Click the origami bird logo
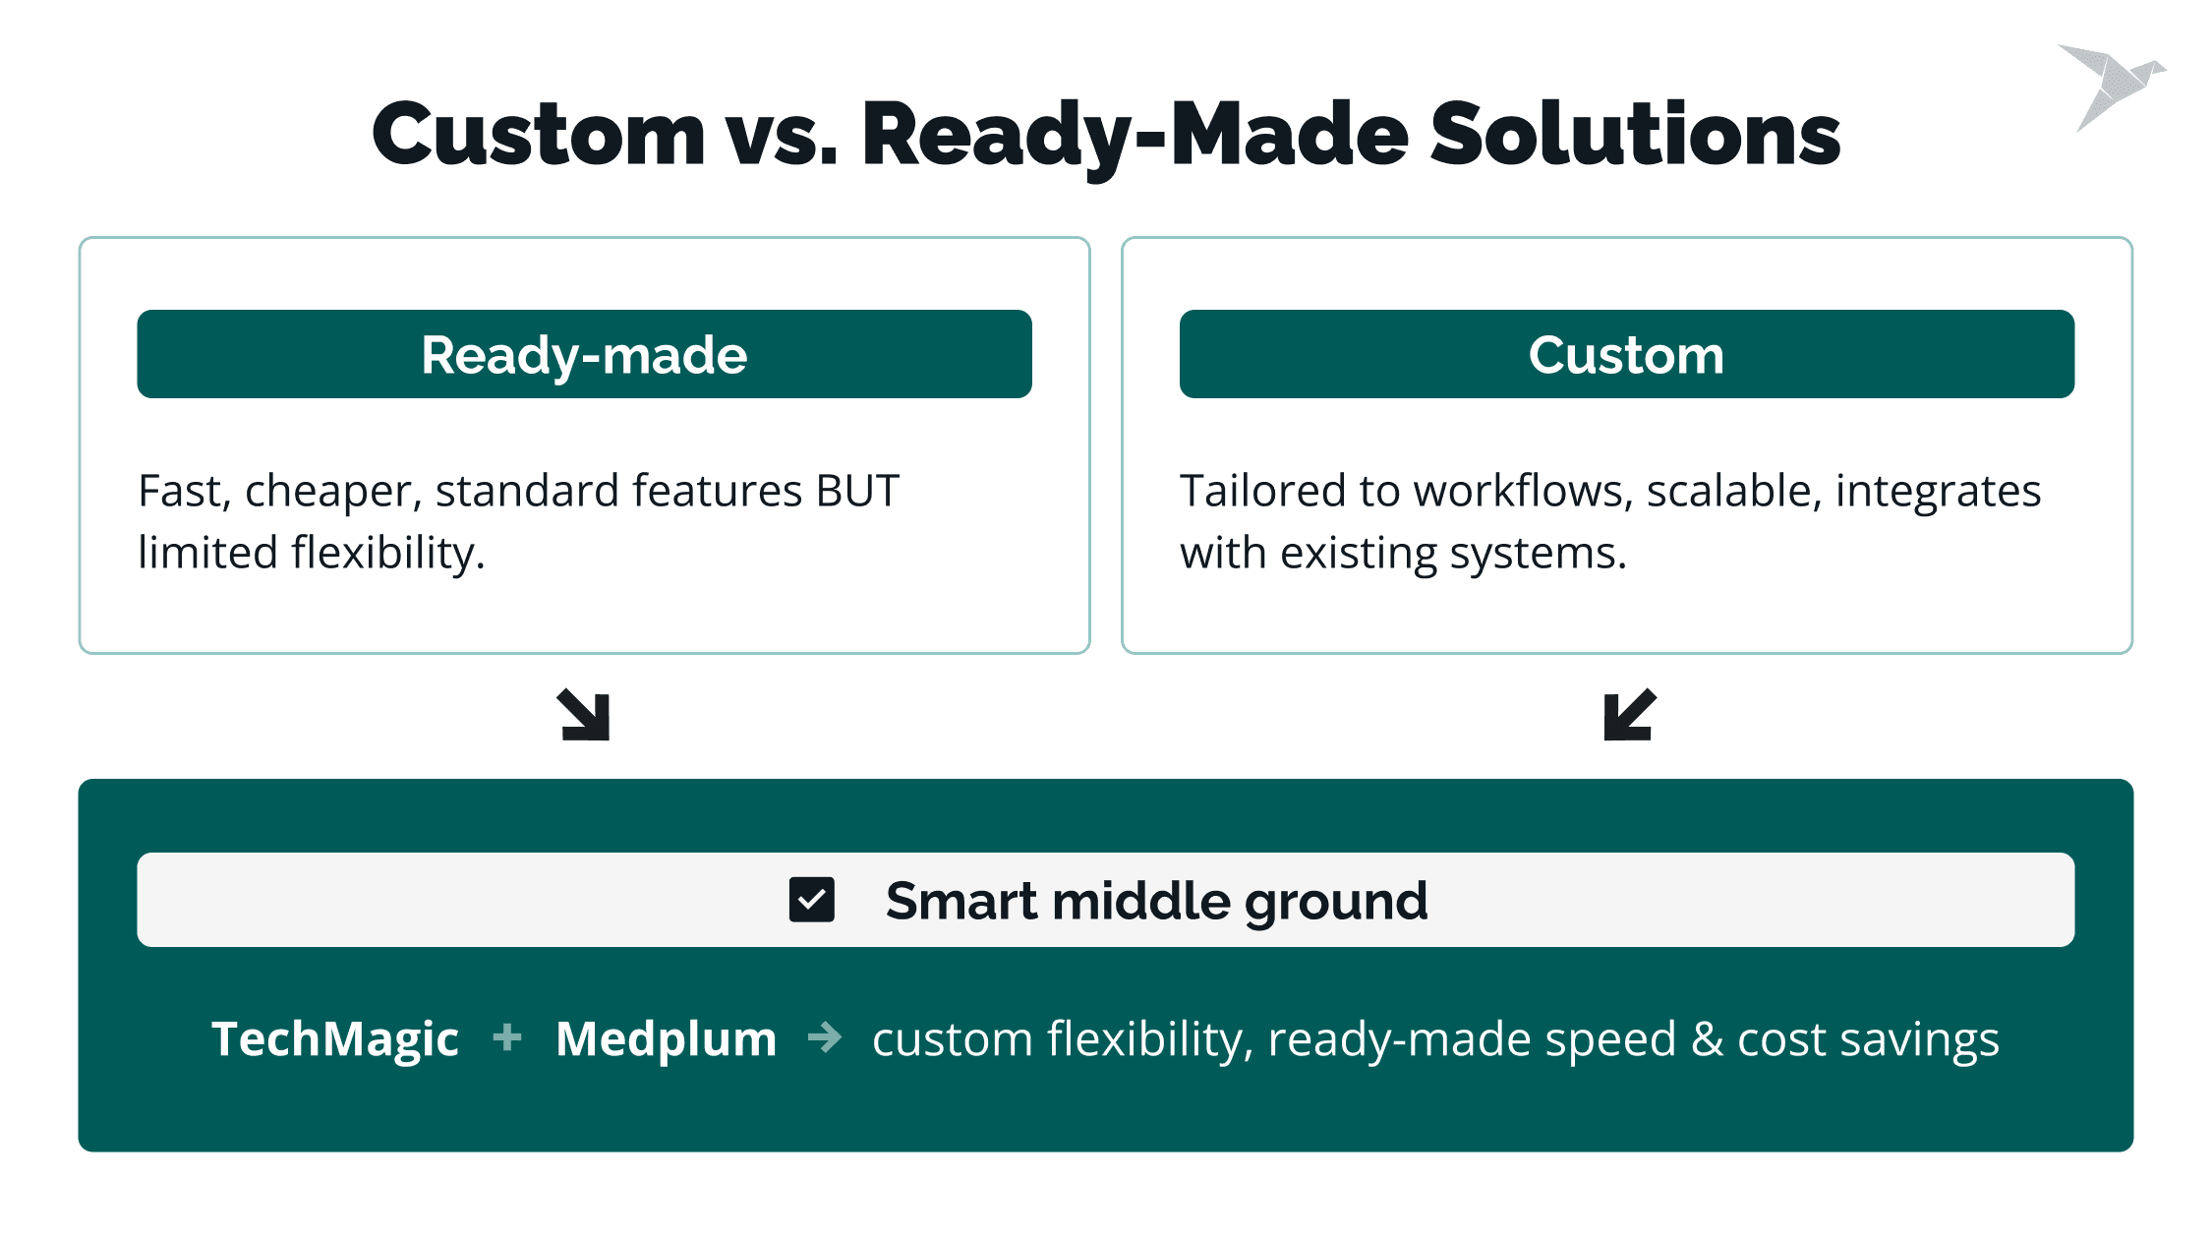(2111, 87)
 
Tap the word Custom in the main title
(539, 134)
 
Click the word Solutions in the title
(1635, 134)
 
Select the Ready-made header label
(584, 355)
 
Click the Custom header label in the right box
(1626, 355)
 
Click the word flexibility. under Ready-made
(388, 553)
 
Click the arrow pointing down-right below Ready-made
(584, 715)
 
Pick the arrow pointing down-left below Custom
(1630, 715)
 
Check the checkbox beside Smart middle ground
(812, 900)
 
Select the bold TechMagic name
(335, 1039)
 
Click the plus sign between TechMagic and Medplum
(507, 1037)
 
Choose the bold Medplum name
(667, 1038)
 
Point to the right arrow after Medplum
(825, 1037)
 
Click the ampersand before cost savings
(1707, 1039)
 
